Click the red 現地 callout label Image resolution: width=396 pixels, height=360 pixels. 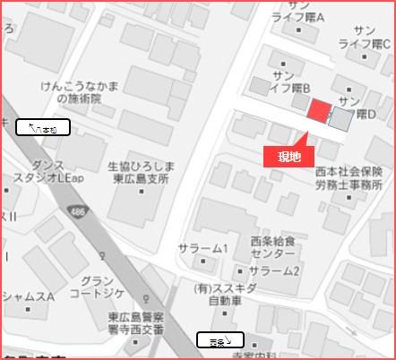[x=289, y=157]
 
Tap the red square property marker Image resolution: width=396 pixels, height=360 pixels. [x=319, y=111]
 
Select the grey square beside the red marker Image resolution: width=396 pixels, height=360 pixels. [x=340, y=118]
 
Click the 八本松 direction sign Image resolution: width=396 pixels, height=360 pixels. [x=43, y=128]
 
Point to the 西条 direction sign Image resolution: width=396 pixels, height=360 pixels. [x=220, y=340]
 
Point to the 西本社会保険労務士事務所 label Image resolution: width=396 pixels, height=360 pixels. [x=349, y=176]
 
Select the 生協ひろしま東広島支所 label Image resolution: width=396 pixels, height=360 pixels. [x=140, y=173]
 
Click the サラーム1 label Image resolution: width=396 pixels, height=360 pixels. [x=204, y=248]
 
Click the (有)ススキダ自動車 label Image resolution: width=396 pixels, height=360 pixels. [x=229, y=295]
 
